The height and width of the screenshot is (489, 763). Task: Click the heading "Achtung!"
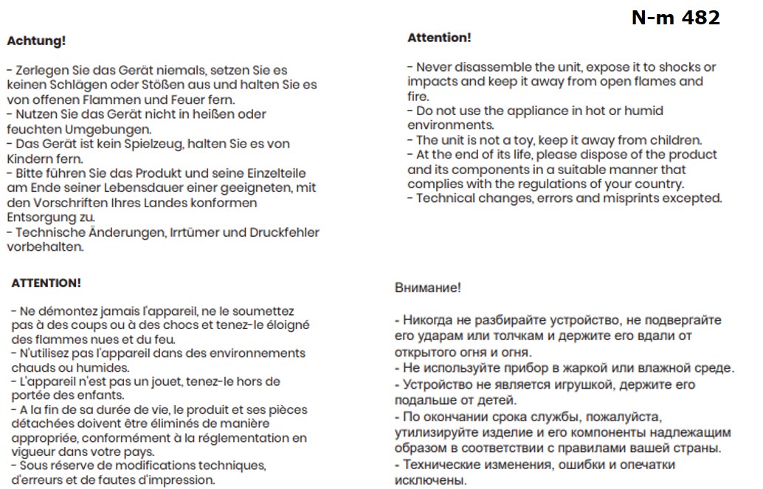pyautogui.click(x=36, y=41)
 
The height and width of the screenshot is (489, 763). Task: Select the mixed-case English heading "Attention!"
pyautogui.click(x=439, y=38)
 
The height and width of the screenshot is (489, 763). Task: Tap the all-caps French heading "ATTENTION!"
pyautogui.click(x=46, y=282)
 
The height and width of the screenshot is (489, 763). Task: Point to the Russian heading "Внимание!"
pyautogui.click(x=428, y=288)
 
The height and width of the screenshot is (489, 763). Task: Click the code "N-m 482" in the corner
pyautogui.click(x=675, y=18)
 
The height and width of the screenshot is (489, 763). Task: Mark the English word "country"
pyautogui.click(x=658, y=184)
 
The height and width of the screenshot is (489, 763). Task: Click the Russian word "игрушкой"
pyautogui.click(x=554, y=385)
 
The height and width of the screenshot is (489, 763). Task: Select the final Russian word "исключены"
pyautogui.click(x=430, y=480)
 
